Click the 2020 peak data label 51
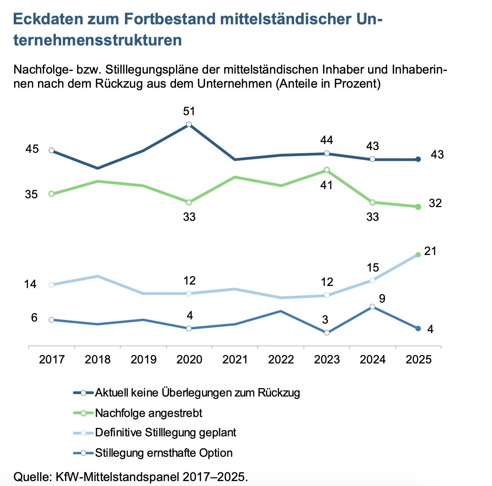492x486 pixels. [189, 111]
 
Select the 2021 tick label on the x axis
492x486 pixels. [235, 360]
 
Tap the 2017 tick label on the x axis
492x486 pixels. [52, 360]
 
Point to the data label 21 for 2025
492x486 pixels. [430, 251]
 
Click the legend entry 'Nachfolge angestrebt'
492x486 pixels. [149, 413]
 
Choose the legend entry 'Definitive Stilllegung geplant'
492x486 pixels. [165, 432]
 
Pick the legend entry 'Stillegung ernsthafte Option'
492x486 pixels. [164, 453]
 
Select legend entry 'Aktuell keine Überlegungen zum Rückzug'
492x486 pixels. [197, 393]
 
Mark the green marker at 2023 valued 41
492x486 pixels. [327, 170]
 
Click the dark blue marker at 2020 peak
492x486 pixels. [189, 124]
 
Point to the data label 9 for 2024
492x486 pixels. [382, 299]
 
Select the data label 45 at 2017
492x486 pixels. [32, 149]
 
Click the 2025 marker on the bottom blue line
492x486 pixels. [418, 329]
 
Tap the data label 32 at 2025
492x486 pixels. [435, 203]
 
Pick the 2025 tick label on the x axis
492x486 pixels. [418, 360]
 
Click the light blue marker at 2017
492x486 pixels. [51, 285]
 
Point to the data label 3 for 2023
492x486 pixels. [325, 320]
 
